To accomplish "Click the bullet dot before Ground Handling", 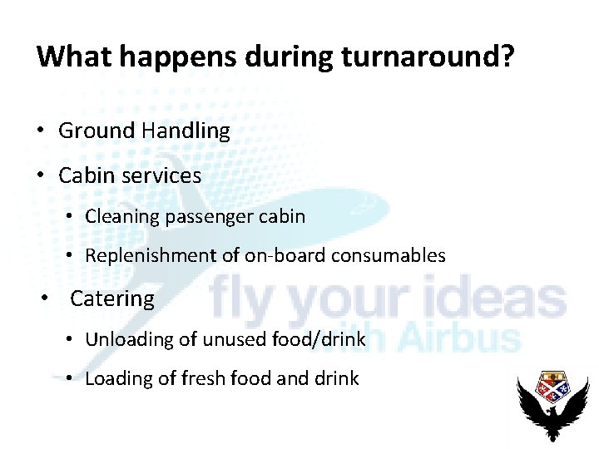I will tap(40, 131).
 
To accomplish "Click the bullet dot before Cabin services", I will tap(40, 175).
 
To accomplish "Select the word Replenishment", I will tap(153, 256).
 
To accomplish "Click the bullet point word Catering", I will tap(112, 299).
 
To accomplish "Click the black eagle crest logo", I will tap(553, 406).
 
